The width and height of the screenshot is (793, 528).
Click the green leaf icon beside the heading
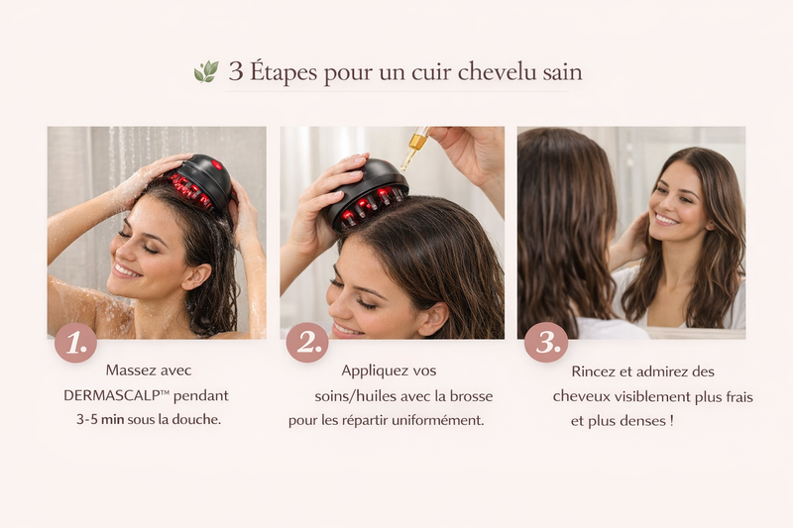(206, 71)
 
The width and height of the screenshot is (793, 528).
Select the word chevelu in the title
(498, 71)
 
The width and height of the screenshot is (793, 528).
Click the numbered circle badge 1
(76, 343)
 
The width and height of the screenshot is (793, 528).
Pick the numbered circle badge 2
(307, 343)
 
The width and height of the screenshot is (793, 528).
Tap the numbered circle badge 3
(546, 343)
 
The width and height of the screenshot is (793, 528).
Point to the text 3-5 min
(100, 419)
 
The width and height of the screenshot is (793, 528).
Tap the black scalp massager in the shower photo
(202, 183)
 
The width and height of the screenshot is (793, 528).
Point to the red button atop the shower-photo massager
(217, 164)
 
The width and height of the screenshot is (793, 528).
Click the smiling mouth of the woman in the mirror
(666, 219)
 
